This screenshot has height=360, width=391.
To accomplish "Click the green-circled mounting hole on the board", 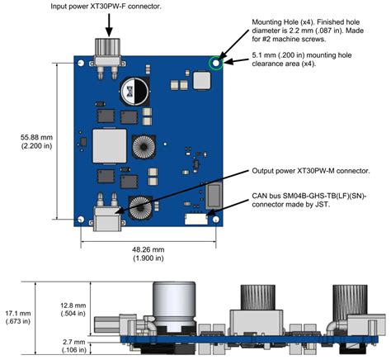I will [216, 61].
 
